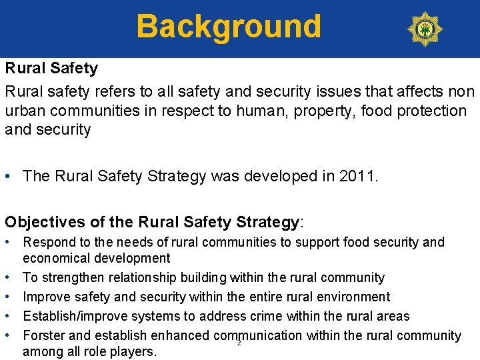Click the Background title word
(229, 27)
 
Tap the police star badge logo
(425, 29)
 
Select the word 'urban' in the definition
(27, 111)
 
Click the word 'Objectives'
(46, 221)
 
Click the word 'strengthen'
(73, 277)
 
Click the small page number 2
(239, 343)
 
